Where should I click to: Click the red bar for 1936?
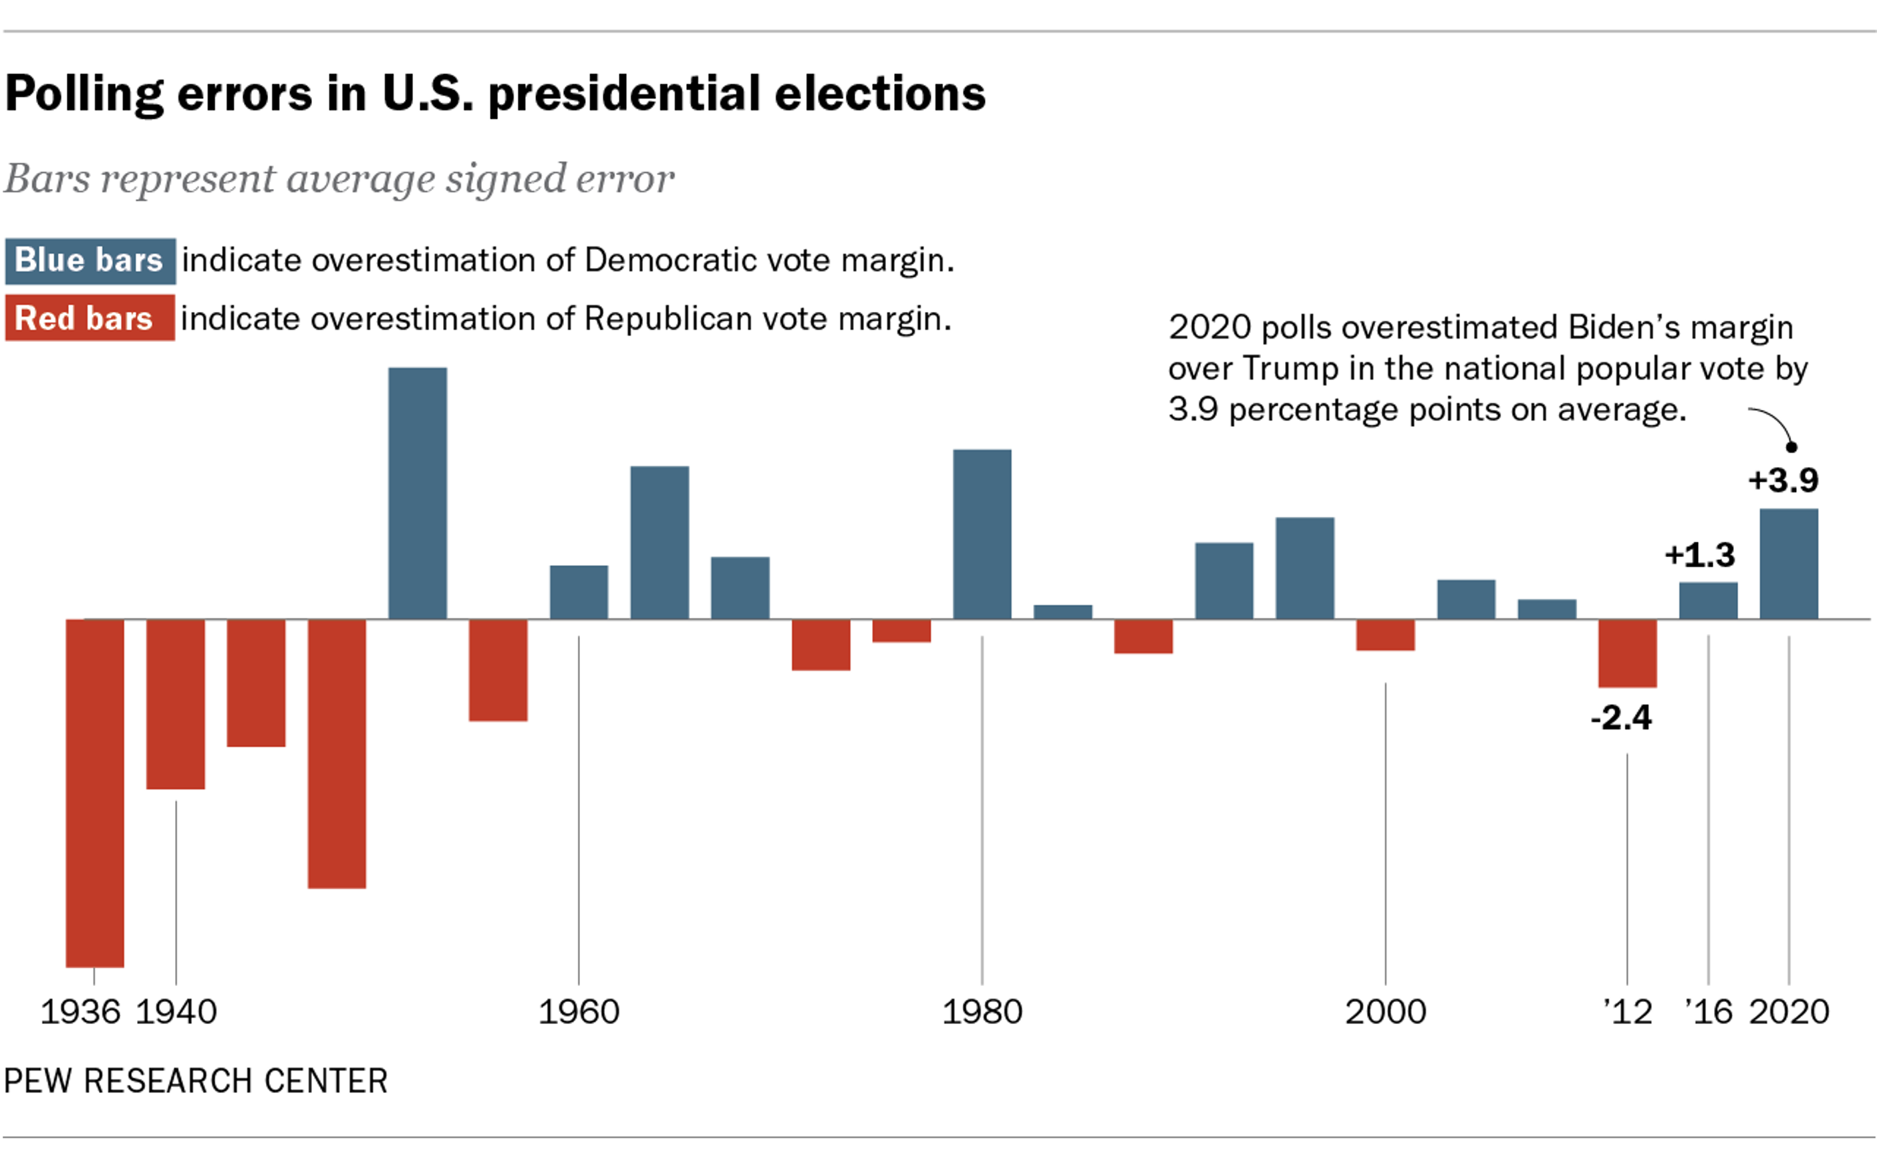coord(95,793)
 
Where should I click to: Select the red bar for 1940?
coord(175,703)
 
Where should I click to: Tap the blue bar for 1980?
coord(982,534)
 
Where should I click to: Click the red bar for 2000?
coord(1385,635)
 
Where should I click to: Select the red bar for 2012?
coord(1627,653)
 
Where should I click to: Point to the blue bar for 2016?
coord(1708,600)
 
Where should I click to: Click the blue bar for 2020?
coord(1788,564)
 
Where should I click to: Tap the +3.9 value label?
coord(1783,480)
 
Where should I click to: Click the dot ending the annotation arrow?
coord(1791,447)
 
